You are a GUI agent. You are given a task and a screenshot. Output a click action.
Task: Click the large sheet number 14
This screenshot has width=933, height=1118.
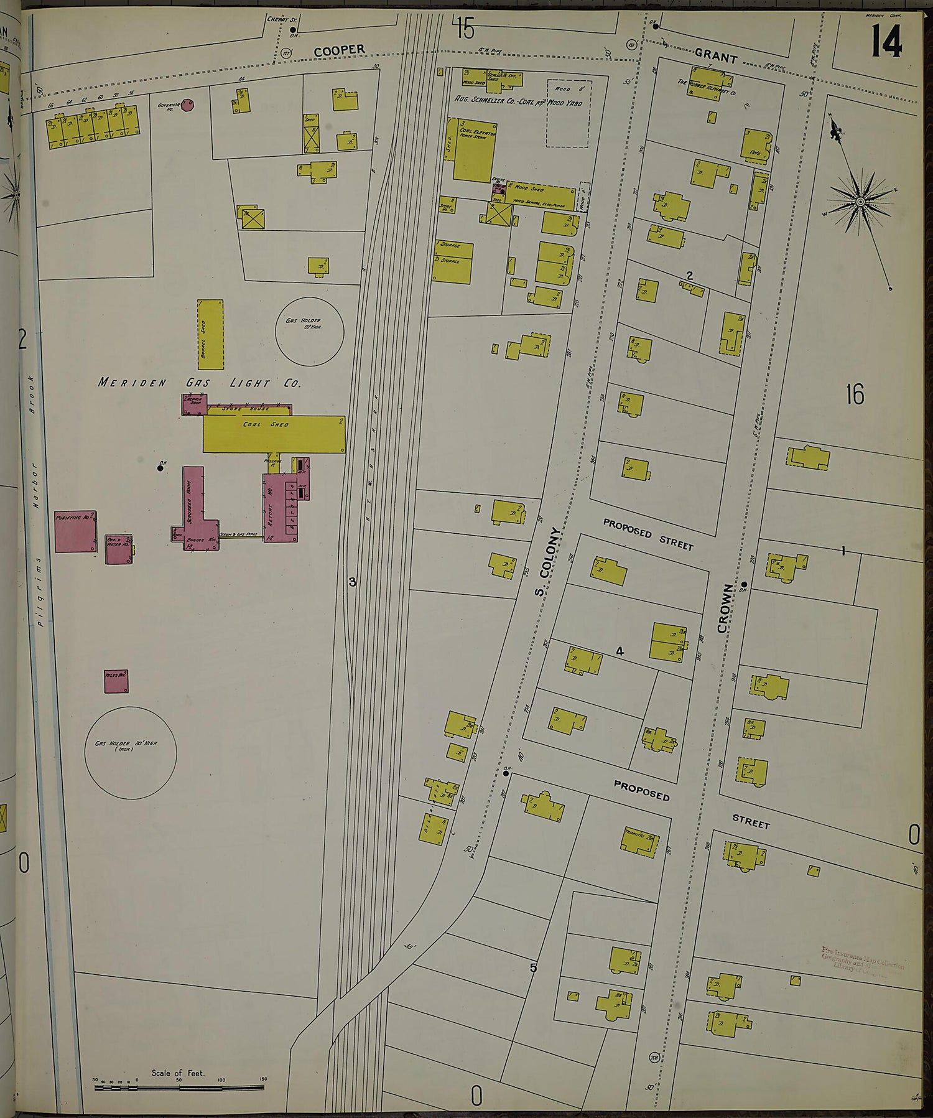(886, 42)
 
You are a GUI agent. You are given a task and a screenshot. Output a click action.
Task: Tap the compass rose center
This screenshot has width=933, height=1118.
(860, 202)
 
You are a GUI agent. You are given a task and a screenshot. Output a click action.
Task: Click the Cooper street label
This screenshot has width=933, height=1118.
(339, 50)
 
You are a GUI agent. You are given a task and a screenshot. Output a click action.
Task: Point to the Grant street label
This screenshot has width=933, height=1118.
(716, 57)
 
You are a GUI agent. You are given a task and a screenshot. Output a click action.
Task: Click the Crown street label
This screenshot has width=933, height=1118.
(726, 608)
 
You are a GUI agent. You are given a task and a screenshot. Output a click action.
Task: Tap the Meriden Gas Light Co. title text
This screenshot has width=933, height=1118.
(199, 383)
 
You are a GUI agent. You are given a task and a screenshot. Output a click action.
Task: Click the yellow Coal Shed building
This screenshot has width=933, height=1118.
(274, 433)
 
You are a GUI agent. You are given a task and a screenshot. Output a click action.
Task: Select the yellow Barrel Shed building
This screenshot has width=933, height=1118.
(210, 334)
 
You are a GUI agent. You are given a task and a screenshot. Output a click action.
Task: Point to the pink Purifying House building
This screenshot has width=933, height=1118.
(75, 531)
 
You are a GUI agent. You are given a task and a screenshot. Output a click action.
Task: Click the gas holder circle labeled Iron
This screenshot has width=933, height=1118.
(130, 752)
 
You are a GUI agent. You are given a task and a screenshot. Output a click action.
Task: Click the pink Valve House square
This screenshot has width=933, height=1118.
(116, 681)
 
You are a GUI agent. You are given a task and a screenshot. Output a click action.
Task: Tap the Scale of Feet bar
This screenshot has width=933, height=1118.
(179, 1088)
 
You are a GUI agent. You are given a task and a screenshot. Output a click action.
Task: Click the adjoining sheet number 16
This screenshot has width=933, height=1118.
(855, 394)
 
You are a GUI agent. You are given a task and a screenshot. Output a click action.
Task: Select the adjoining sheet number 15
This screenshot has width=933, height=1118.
(464, 27)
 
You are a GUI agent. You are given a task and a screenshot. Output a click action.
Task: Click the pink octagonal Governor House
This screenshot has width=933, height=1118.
(187, 105)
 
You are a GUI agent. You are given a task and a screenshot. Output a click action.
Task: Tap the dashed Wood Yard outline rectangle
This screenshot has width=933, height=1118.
(568, 113)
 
